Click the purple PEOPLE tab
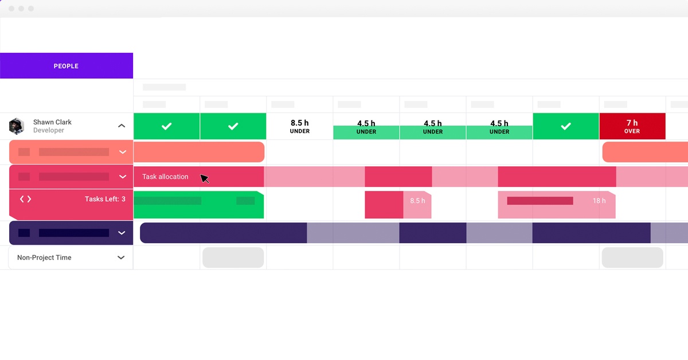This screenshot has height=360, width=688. [x=66, y=66]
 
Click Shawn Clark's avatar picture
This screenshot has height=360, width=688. [x=17, y=126]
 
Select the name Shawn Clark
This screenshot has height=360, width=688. [x=52, y=122]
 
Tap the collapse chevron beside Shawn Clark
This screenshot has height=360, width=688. [x=122, y=126]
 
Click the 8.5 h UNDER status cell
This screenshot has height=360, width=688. [x=299, y=126]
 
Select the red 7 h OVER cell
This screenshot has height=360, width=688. [x=632, y=126]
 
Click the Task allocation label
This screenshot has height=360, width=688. [x=165, y=177]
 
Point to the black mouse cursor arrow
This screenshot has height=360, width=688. [x=204, y=179]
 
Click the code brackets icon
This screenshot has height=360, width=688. [x=25, y=199]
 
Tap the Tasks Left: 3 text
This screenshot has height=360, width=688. [x=105, y=199]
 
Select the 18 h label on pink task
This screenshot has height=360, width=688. [x=599, y=201]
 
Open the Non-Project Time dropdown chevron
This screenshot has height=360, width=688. [x=121, y=258]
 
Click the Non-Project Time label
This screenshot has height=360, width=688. [x=44, y=258]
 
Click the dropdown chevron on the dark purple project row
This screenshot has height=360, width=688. [x=122, y=233]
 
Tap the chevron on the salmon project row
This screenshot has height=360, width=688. [x=122, y=152]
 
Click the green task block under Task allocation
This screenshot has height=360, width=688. [x=198, y=205]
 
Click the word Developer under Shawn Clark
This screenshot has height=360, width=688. [x=49, y=131]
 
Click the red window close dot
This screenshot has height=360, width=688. [x=11, y=9]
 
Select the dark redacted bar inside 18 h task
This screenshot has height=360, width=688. [x=540, y=201]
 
